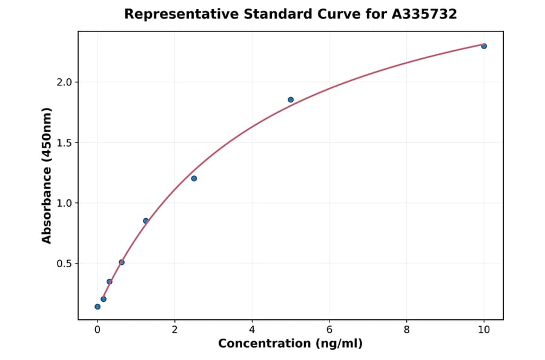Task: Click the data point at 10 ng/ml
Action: coord(484,46)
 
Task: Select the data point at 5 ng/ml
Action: coord(291,99)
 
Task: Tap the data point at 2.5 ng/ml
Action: coord(194,178)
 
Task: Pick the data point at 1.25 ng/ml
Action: coord(146,221)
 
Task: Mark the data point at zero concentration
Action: coord(97,307)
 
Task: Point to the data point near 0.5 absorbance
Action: coord(122,262)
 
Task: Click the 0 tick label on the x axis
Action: coord(97,330)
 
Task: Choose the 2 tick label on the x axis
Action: coord(174,330)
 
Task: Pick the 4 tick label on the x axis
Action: coord(252,330)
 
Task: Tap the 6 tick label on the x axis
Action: coord(329,330)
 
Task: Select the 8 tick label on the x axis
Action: coord(406,330)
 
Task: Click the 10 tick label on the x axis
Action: coord(484,330)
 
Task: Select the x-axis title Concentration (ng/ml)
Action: coord(291,344)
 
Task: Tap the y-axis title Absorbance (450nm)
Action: coord(47,176)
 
